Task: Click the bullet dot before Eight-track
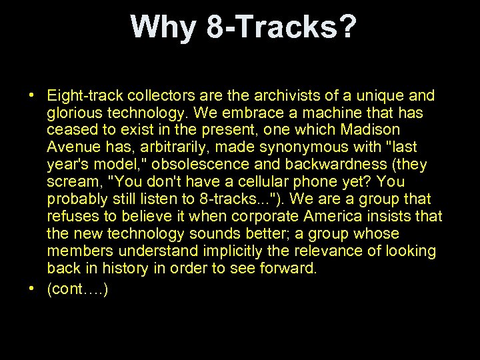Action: (32, 95)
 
